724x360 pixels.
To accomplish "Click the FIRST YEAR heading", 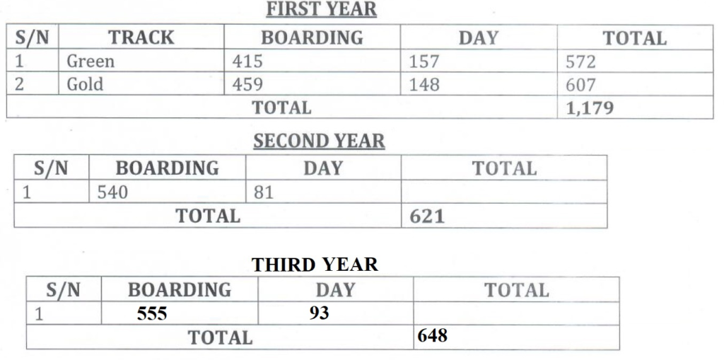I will pos(322,10).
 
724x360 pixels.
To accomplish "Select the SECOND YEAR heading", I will pos(319,141).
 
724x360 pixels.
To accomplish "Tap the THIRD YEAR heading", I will pos(315,265).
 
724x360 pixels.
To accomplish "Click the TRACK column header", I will pos(141,37).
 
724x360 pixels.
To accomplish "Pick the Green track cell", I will pos(90,62).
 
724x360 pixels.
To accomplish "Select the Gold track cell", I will pos(85,85).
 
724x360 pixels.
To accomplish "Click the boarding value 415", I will pos(247,62).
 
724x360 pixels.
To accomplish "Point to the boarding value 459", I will pos(247,85).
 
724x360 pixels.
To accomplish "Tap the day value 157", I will pos(424,62).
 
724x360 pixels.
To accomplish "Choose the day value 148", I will pos(424,85).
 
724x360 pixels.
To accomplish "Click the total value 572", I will pos(580,62).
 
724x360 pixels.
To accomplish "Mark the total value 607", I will pos(580,85).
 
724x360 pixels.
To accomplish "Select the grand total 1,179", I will pos(590,108).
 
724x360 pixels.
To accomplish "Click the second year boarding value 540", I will pos(112,192).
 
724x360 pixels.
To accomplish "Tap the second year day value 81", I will pos(264,192).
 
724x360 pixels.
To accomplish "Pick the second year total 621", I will pos(427,216).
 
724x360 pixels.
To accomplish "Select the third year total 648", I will pos(433,335).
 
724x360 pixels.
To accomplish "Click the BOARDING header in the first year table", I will pos(312,37).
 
